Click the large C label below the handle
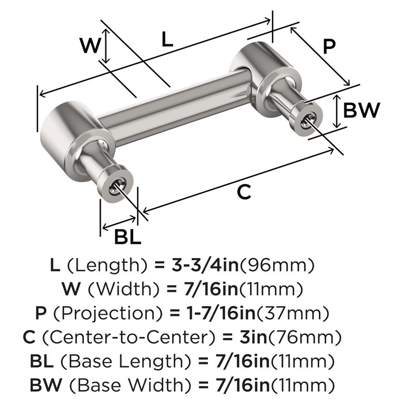pyautogui.click(x=244, y=192)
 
